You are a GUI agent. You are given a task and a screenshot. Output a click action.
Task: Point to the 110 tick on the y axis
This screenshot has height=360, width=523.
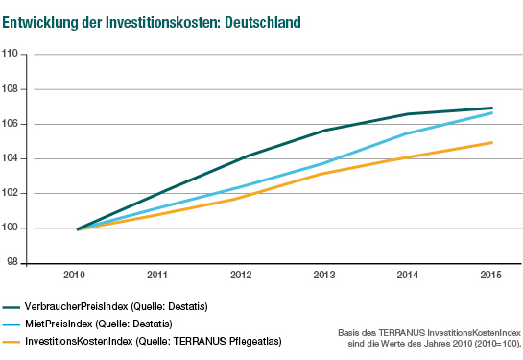click(x=12, y=55)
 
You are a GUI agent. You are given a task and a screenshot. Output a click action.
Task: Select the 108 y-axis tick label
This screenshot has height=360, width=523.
click(x=12, y=89)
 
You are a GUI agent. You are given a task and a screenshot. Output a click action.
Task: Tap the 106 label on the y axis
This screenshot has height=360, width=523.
click(x=12, y=124)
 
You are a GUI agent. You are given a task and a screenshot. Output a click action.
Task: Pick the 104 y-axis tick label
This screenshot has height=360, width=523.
click(x=12, y=158)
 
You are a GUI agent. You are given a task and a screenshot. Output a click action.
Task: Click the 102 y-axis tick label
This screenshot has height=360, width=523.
click(x=12, y=193)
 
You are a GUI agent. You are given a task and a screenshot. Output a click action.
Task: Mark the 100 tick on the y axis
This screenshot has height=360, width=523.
click(x=12, y=228)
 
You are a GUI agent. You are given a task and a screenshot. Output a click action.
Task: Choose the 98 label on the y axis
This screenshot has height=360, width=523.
click(x=14, y=261)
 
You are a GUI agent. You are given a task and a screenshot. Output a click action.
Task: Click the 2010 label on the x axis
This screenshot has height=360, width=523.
click(x=76, y=276)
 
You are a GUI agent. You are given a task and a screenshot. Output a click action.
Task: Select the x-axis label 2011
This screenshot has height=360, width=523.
click(x=158, y=276)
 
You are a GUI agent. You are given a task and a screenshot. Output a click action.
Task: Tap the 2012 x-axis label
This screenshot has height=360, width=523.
click(x=242, y=276)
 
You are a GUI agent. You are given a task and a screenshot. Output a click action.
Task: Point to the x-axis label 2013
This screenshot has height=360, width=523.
click(x=325, y=276)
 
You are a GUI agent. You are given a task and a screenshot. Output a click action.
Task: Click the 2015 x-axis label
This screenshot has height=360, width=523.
click(x=491, y=276)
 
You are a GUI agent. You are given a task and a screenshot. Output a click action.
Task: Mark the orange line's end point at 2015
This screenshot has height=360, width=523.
click(x=492, y=142)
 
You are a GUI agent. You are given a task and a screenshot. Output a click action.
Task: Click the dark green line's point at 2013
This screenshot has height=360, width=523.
click(x=325, y=130)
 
